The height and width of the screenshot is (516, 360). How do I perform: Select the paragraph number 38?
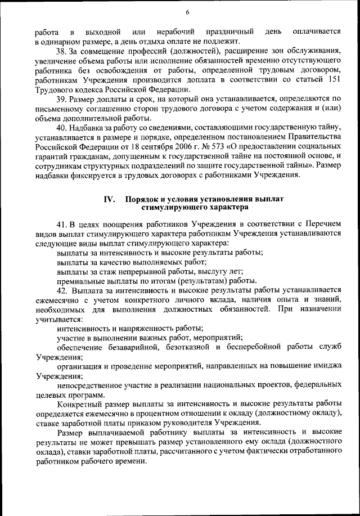pyautogui.click(x=62, y=52)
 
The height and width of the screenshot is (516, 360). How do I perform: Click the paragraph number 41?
pyautogui.click(x=62, y=223)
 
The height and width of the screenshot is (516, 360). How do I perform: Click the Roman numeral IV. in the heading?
pyautogui.click(x=110, y=199)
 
